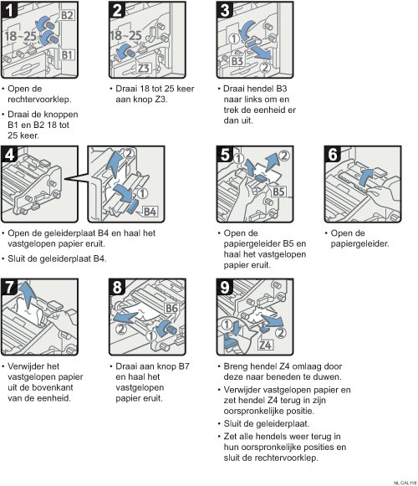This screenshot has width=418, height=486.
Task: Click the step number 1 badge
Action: (x=9, y=9)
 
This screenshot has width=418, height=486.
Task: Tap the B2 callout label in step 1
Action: (x=67, y=15)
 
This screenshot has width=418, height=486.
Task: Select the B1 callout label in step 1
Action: (x=67, y=55)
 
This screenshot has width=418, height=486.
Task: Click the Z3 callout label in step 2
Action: (x=144, y=68)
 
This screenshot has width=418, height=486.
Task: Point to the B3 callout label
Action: (x=237, y=61)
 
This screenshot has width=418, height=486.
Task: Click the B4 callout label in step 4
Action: (x=150, y=212)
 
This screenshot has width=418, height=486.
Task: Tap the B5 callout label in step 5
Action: (x=278, y=192)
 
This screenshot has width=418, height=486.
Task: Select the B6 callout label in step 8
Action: (x=171, y=308)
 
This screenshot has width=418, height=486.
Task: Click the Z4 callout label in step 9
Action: (x=266, y=345)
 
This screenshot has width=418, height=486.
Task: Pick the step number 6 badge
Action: (x=333, y=155)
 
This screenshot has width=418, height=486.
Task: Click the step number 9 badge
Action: (x=225, y=287)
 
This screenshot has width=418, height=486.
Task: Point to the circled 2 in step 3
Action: (x=265, y=68)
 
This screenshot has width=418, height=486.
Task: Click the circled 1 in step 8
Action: (x=151, y=335)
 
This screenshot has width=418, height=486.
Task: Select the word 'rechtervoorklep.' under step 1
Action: (x=39, y=100)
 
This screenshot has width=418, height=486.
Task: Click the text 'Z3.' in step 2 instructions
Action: (x=161, y=100)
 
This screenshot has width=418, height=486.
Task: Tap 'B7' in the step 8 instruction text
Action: (x=184, y=366)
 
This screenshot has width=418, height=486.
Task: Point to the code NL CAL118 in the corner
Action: (x=405, y=483)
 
